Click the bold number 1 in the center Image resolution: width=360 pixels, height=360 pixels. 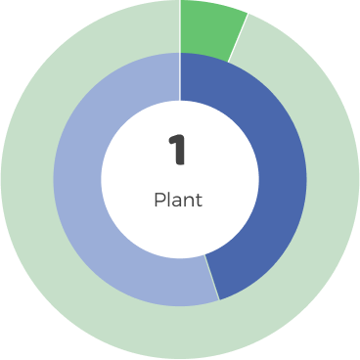[177, 151]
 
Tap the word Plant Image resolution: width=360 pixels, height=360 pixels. [178, 200]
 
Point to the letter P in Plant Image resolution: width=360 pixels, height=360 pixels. [159, 200]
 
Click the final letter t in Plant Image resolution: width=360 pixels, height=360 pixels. [199, 200]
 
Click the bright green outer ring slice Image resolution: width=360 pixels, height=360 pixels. [208, 27]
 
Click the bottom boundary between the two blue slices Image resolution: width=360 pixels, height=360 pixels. [211, 278]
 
